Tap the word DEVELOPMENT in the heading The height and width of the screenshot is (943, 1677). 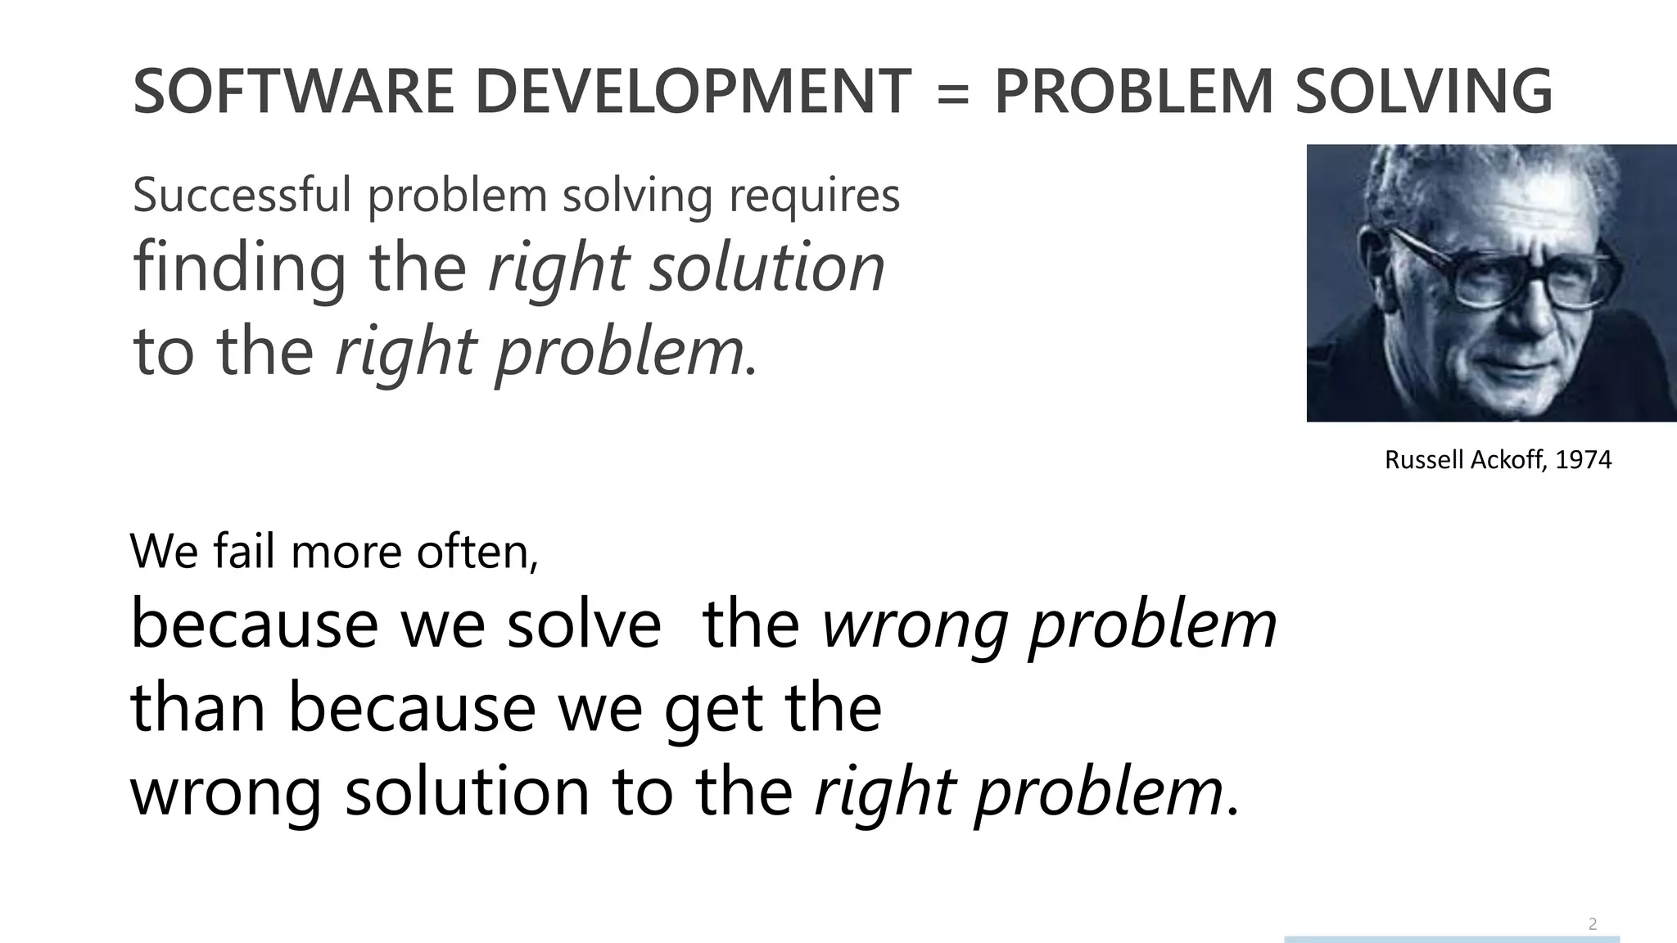pyautogui.click(x=693, y=91)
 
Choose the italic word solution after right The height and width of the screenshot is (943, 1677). pyautogui.click(x=767, y=268)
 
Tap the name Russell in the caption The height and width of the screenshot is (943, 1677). pyautogui.click(x=1425, y=460)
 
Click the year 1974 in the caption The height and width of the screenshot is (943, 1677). pyautogui.click(x=1583, y=460)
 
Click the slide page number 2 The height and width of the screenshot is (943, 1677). pyautogui.click(x=1592, y=924)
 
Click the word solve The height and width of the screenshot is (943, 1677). pyautogui.click(x=583, y=625)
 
